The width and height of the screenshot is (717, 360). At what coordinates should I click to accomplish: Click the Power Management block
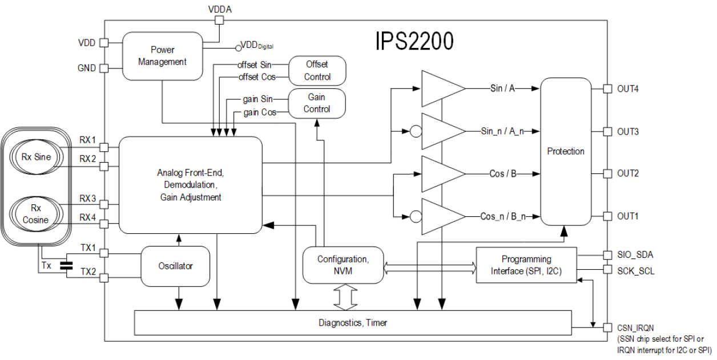(163, 55)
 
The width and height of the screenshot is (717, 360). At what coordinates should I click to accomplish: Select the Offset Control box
(316, 70)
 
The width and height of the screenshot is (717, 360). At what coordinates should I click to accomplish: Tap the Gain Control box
(316, 103)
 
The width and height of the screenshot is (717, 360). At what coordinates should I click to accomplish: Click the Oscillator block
(175, 266)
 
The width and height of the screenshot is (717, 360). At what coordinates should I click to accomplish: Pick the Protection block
(565, 152)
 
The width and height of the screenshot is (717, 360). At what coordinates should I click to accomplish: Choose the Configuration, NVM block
(343, 265)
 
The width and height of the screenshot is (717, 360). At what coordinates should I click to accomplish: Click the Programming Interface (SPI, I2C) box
(526, 265)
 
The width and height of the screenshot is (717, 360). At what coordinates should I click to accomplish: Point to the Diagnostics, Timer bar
(352, 323)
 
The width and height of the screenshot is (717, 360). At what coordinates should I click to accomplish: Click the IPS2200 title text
(416, 41)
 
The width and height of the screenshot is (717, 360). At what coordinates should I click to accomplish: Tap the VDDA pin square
(218, 20)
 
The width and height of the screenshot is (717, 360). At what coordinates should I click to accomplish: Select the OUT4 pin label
(627, 89)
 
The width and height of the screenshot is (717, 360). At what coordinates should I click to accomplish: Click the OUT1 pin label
(627, 216)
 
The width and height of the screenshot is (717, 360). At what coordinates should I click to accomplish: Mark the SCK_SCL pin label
(635, 271)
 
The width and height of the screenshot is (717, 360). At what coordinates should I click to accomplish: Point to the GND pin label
(86, 68)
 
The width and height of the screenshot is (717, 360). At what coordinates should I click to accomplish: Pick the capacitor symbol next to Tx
(66, 265)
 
